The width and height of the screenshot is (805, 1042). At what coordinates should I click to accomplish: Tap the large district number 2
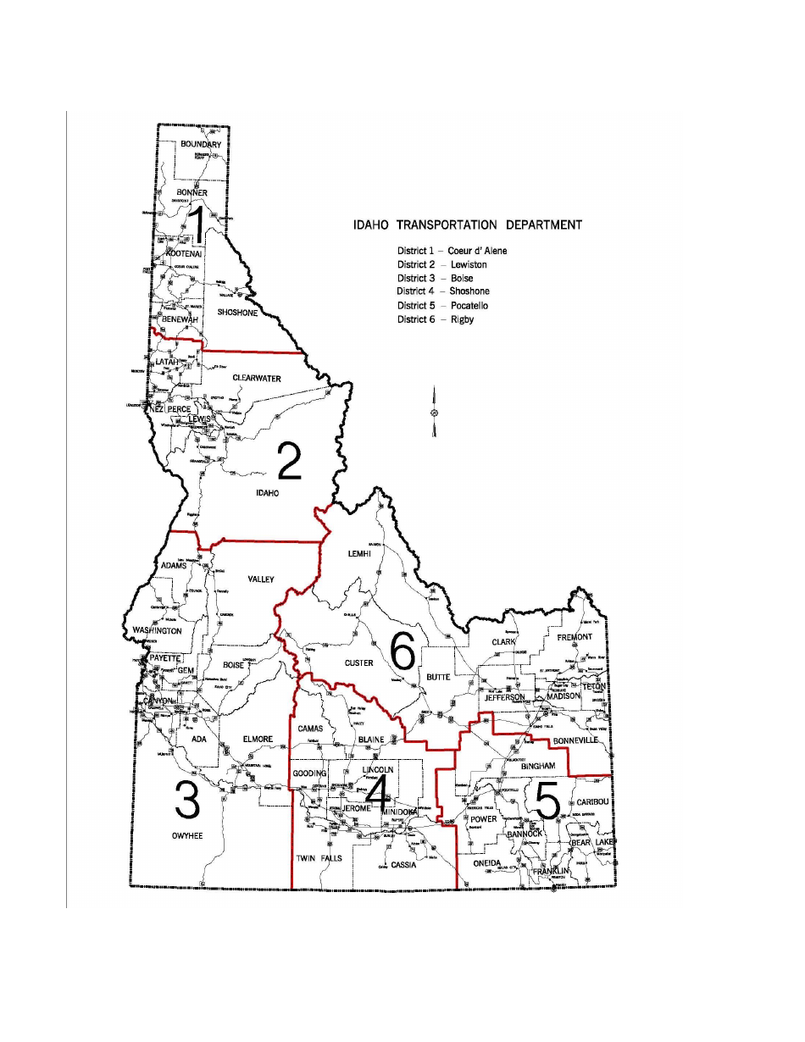[289, 462]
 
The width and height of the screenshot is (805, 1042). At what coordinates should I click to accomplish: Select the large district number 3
[187, 801]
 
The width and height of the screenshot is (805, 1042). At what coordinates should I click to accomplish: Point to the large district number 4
[377, 794]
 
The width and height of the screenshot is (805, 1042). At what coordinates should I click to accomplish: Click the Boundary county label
[201, 144]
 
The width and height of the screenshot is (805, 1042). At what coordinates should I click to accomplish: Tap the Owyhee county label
[187, 836]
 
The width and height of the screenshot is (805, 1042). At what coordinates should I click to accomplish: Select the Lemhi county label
[360, 553]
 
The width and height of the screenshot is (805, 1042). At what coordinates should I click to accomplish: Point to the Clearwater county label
[256, 378]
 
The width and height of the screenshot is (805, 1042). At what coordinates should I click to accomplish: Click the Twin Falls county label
[317, 859]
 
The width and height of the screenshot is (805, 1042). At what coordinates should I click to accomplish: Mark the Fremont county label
[575, 636]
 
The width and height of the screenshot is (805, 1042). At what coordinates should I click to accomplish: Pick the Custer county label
[358, 663]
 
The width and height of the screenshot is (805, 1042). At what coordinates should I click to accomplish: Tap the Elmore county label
[258, 739]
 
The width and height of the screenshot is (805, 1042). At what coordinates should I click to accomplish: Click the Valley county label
[261, 579]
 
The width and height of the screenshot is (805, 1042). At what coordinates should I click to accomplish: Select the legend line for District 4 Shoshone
[443, 291]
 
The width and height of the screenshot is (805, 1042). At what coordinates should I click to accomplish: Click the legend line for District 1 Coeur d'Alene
[452, 251]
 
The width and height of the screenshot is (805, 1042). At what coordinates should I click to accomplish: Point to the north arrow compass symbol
[434, 413]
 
